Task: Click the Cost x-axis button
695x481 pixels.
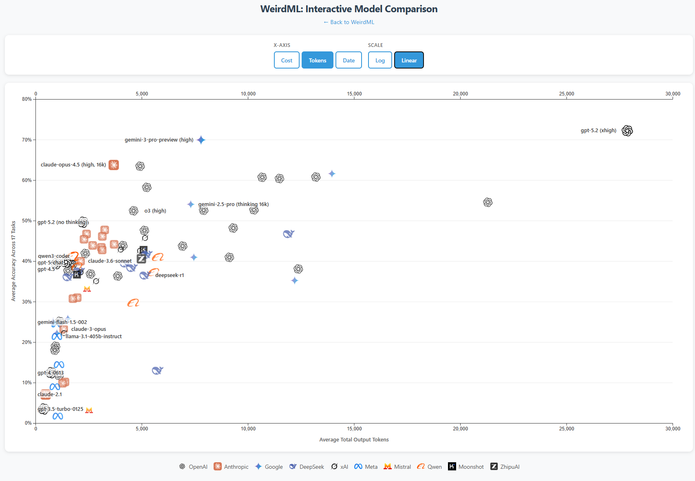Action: coord(287,60)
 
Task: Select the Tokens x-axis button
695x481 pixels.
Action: coord(317,60)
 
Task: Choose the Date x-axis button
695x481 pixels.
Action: coord(349,60)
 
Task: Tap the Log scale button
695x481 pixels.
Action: coord(380,60)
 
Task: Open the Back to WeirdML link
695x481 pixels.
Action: coord(349,22)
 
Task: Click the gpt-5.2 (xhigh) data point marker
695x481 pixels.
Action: coord(627,131)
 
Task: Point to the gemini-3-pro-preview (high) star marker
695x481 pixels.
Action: coord(201,140)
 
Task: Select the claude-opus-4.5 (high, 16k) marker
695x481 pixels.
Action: coord(114,165)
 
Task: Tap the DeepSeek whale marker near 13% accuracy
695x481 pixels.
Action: coord(157,370)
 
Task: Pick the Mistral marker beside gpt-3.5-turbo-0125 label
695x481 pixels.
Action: coord(89,410)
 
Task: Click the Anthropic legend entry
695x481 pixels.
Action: coord(231,467)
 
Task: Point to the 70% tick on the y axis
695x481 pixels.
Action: coord(27,140)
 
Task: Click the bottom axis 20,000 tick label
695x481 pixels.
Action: coord(460,429)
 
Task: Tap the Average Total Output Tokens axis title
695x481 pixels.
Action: coord(354,440)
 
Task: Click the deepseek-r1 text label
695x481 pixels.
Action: coord(170,275)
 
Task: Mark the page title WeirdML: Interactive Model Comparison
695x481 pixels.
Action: coord(349,9)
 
